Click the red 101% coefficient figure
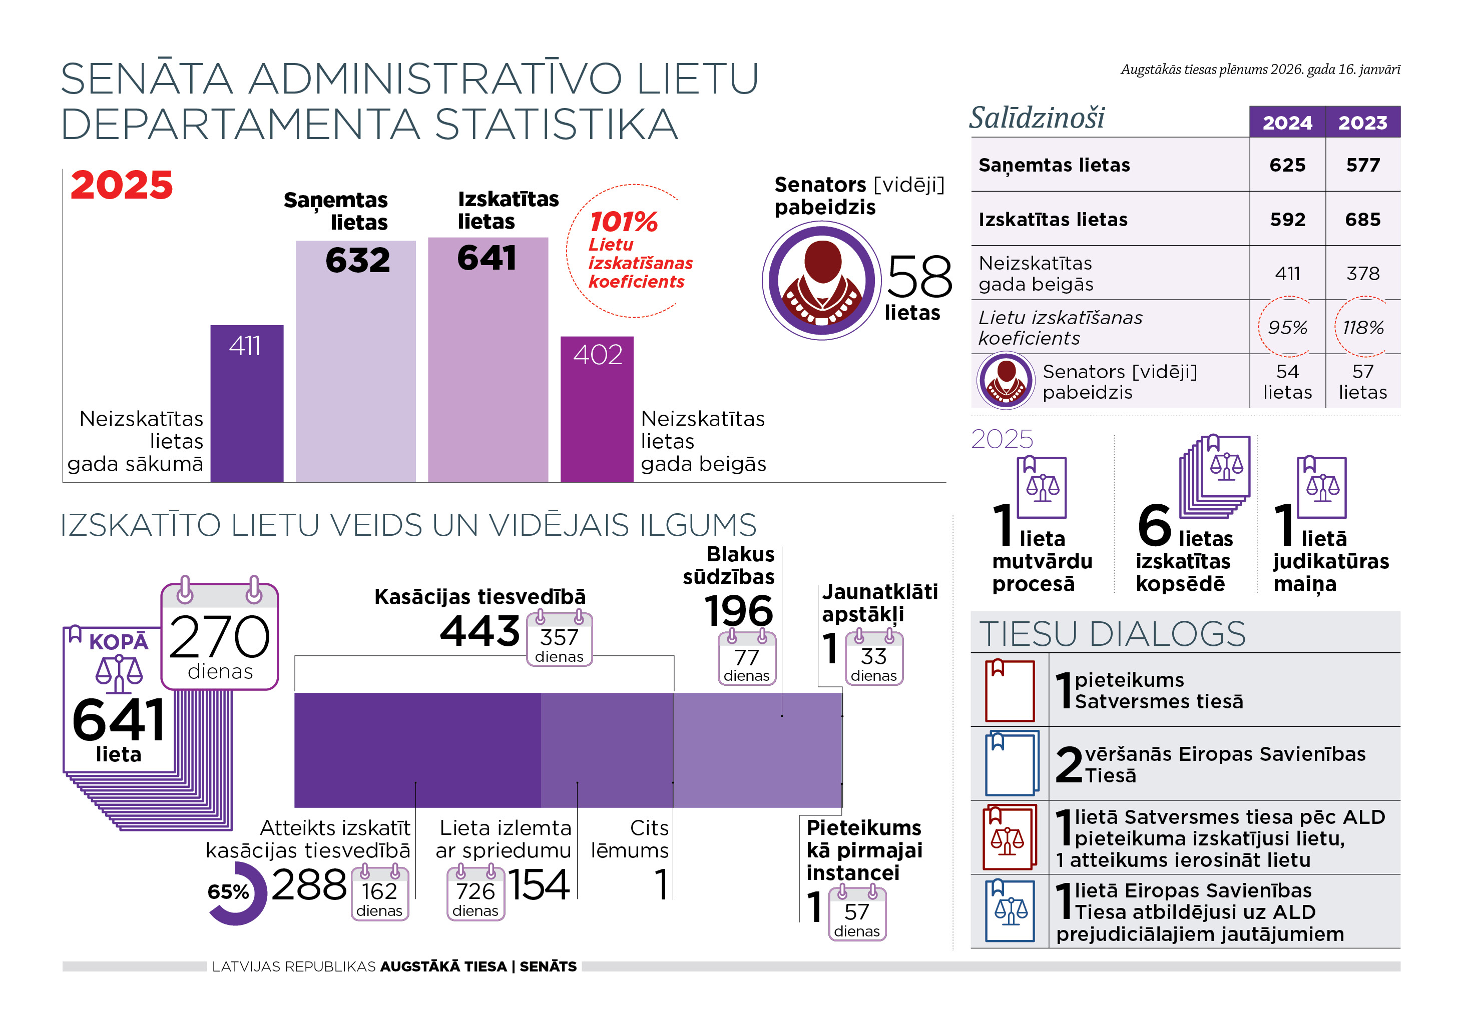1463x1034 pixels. [623, 222]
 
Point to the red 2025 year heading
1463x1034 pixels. [121, 185]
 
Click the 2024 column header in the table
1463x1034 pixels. [1287, 122]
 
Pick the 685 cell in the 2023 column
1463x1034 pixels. [1362, 220]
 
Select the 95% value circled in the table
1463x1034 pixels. [1287, 327]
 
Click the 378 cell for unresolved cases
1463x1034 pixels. [1362, 274]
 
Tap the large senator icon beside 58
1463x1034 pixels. [822, 280]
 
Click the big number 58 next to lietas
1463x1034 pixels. [919, 277]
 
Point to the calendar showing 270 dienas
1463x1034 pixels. [220, 637]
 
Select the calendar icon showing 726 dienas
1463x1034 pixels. [475, 893]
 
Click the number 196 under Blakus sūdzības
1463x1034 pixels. [739, 611]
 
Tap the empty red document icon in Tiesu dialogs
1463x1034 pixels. [1010, 690]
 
